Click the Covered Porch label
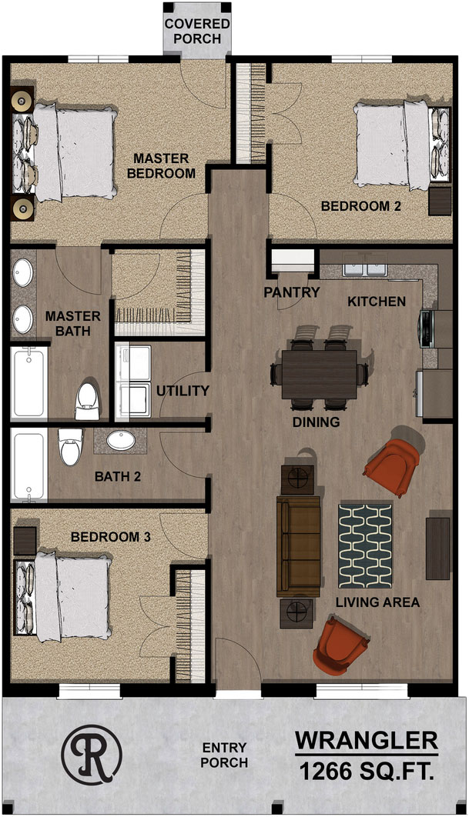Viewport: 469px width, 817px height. (x=197, y=32)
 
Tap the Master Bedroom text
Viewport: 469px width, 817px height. (x=161, y=165)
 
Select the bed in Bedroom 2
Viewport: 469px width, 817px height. (x=401, y=145)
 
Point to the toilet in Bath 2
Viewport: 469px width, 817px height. (x=70, y=446)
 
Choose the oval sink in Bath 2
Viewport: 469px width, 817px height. (x=121, y=440)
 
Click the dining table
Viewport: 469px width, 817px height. (x=320, y=375)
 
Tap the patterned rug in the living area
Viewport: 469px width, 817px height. (x=365, y=545)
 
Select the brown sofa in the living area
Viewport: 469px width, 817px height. (x=298, y=546)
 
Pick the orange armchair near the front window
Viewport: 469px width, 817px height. (x=340, y=646)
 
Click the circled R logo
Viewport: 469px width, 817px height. (x=92, y=753)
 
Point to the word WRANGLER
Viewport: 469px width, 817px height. (x=367, y=740)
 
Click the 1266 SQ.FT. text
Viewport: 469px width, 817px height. (x=367, y=771)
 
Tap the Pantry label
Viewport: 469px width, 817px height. (x=292, y=292)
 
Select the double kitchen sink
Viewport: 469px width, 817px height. (x=365, y=268)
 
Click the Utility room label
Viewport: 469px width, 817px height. (x=183, y=391)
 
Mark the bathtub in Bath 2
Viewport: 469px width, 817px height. (x=28, y=465)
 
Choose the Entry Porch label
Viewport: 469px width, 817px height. (x=224, y=755)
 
